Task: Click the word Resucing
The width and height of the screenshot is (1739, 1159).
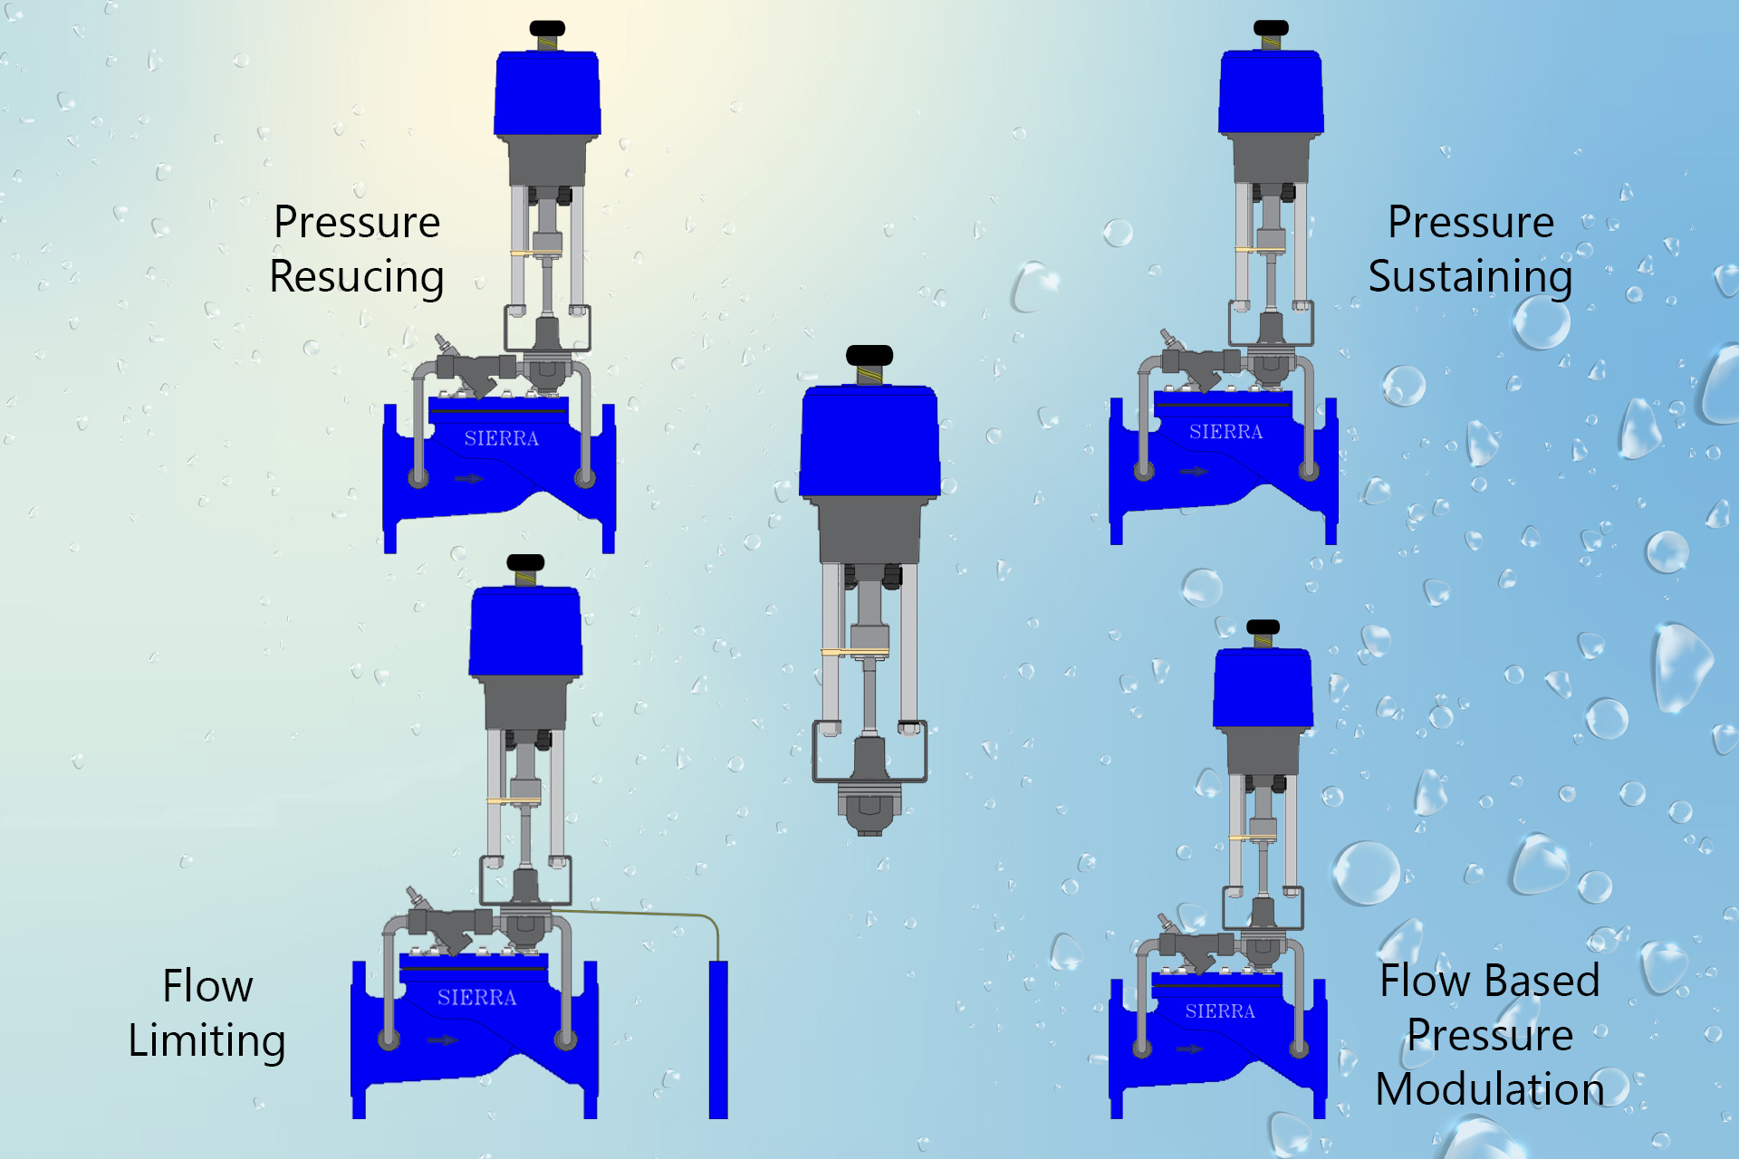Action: (356, 277)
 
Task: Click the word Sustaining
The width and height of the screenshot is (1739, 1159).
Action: (1469, 277)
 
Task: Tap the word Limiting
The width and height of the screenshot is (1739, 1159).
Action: (207, 1040)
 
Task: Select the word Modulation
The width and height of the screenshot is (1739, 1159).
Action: (1489, 1089)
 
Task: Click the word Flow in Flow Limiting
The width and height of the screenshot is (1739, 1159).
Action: (207, 986)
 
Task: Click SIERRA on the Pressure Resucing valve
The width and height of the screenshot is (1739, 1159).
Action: (501, 439)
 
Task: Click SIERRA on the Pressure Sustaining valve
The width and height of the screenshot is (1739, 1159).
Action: (1225, 432)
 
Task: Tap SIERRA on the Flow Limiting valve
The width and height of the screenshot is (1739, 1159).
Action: (476, 998)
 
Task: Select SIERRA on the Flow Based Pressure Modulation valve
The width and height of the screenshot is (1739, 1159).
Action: (1220, 1011)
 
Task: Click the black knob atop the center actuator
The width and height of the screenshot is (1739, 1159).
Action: (869, 355)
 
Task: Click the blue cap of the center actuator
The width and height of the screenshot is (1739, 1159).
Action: (869, 441)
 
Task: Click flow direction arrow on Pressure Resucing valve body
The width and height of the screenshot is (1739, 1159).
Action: (468, 478)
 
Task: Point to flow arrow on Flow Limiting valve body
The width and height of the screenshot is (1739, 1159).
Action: (442, 1039)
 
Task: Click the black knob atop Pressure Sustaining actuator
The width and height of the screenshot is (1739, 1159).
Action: (1271, 28)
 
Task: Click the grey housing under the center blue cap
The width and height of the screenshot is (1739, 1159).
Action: (869, 530)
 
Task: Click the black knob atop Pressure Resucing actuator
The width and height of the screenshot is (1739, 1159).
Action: (547, 28)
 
